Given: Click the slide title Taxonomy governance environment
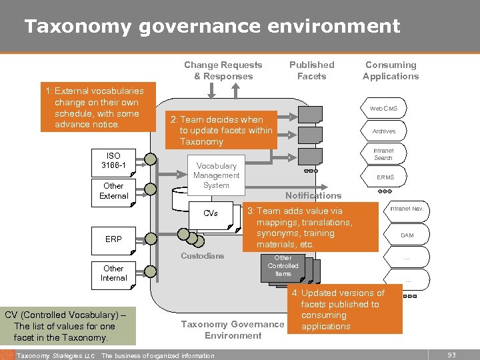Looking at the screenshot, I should (x=212, y=26).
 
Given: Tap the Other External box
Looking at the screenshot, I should (x=114, y=191).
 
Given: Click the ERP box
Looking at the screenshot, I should (x=114, y=239).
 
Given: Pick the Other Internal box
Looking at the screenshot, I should (x=114, y=273).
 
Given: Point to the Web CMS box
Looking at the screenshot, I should (x=384, y=108).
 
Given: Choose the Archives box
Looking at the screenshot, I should (x=384, y=131).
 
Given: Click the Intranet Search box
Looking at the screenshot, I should (x=384, y=155).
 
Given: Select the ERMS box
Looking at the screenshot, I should (x=385, y=177).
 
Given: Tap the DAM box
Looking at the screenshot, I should (x=407, y=235).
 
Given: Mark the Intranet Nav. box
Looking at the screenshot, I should (x=407, y=209).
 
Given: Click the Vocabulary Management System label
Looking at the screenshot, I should (x=216, y=175).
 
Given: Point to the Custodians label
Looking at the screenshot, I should (x=203, y=256).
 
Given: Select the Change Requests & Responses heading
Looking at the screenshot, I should (x=223, y=71).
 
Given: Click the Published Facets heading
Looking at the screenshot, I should (x=311, y=71).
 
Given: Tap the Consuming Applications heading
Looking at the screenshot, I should (x=391, y=71).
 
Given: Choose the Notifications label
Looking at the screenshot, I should (x=313, y=195).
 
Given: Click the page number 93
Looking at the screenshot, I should (x=452, y=355).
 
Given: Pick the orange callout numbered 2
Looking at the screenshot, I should (x=221, y=130).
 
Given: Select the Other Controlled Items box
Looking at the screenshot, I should (x=283, y=266).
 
